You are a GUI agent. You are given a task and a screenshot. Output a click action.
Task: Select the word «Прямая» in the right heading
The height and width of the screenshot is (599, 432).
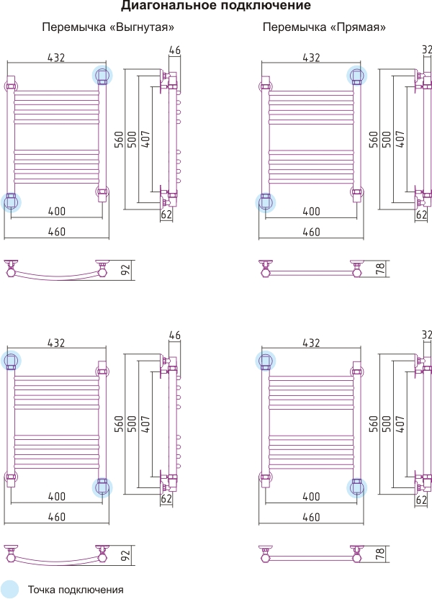357,27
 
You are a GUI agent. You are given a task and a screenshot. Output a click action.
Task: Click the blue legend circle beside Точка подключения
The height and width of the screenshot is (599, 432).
9,590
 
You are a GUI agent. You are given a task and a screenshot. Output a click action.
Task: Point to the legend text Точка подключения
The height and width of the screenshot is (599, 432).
76,590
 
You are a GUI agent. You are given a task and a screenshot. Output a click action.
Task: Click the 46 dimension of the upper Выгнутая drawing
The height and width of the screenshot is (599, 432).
174,50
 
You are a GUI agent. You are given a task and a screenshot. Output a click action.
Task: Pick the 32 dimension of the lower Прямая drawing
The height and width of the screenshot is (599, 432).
427,335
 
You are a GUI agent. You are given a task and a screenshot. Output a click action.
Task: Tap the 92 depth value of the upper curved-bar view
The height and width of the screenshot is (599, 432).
126,270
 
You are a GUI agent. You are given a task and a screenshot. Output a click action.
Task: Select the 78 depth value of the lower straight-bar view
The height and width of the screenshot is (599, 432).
380,554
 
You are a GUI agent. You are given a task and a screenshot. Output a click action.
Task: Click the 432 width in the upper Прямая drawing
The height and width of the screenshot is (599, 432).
311,58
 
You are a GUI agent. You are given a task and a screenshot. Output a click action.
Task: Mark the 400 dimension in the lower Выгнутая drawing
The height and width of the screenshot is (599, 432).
57,497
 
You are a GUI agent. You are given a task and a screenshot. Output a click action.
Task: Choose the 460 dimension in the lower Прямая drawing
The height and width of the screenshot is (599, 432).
311,517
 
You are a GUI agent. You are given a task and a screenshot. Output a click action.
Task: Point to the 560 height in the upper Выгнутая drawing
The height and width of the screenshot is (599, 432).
120,140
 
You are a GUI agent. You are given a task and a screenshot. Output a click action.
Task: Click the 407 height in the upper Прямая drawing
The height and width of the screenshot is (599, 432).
400,140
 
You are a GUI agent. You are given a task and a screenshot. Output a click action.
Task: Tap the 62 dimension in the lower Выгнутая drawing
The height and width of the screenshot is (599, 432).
166,498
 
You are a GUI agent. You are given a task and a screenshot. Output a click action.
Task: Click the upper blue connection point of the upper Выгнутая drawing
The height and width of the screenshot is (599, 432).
102,76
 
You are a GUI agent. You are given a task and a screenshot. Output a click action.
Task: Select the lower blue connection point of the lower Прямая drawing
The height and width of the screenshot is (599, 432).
356,487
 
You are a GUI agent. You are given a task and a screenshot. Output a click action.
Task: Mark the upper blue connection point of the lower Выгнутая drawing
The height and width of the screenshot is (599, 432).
11,361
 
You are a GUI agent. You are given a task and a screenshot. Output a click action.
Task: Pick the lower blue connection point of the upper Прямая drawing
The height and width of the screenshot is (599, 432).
266,202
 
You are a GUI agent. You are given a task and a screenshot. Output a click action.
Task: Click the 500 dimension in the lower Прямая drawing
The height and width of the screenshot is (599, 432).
387,424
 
